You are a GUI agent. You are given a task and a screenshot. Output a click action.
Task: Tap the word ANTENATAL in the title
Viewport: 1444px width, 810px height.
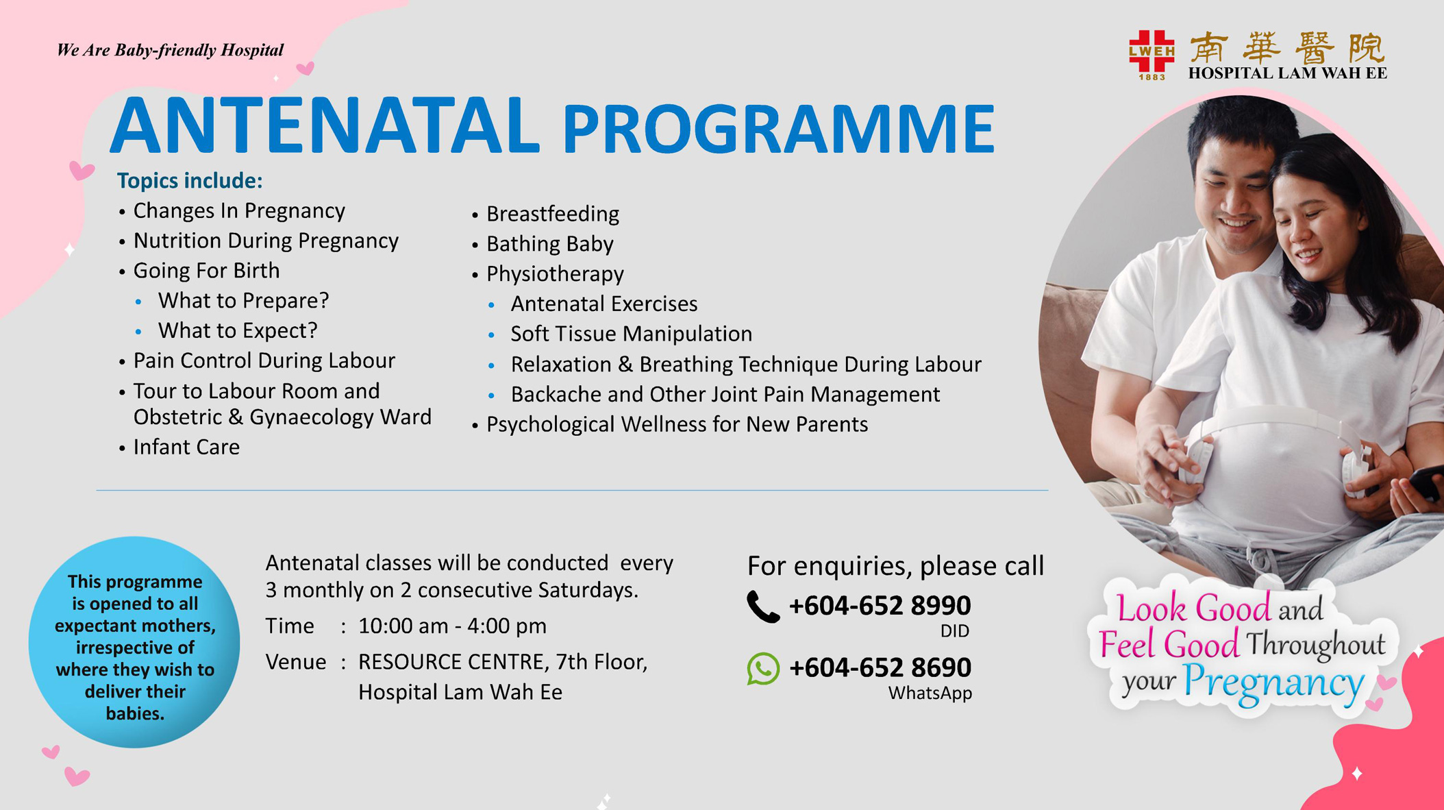[x=325, y=126]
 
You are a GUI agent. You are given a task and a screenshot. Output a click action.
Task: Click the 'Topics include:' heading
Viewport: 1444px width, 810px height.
[x=190, y=180]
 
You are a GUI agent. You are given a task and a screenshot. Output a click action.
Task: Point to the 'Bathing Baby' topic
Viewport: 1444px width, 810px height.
[x=550, y=244]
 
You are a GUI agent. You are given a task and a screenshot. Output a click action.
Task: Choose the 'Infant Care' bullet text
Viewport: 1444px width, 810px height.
[x=186, y=447]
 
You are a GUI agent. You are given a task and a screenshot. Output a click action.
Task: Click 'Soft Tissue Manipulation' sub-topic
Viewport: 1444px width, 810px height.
[x=632, y=334]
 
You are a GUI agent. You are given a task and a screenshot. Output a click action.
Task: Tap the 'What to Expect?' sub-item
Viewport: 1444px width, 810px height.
[x=238, y=330]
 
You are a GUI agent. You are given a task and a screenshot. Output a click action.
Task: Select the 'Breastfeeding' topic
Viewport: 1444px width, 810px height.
[x=553, y=214]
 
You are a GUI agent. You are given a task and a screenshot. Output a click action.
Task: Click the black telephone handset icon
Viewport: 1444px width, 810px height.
[x=763, y=606]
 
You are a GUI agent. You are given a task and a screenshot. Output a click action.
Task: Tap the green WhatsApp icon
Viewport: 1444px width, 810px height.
[x=763, y=668]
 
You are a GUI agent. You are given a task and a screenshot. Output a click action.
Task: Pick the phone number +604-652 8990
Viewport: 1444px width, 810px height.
[x=880, y=606]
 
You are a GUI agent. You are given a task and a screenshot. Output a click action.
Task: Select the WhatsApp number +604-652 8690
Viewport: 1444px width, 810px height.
[x=880, y=667]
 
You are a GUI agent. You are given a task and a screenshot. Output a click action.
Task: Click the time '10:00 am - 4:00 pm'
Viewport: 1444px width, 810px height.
[x=453, y=626]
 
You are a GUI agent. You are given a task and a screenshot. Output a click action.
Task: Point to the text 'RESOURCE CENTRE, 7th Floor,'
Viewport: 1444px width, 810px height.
[x=503, y=662]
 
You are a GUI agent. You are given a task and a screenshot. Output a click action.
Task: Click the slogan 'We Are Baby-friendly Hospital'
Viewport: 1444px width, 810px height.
[x=170, y=50]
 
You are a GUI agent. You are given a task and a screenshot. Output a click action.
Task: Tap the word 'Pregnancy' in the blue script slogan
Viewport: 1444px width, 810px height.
[x=1273, y=683]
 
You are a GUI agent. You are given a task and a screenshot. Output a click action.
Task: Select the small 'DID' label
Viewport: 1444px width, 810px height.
[x=955, y=631]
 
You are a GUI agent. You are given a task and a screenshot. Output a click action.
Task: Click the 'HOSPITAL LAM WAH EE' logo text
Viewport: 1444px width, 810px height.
[x=1288, y=73]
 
